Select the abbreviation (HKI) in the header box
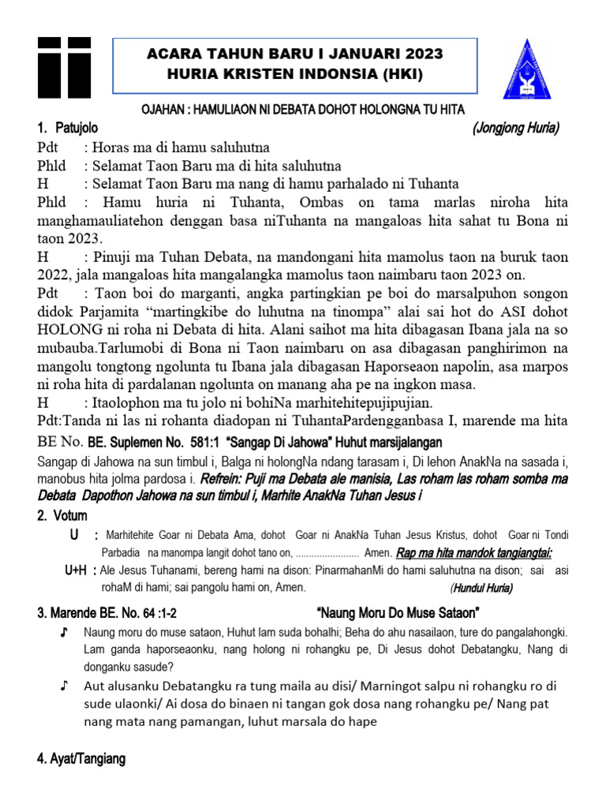[398, 75]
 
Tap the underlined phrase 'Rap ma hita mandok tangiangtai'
[473, 552]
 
